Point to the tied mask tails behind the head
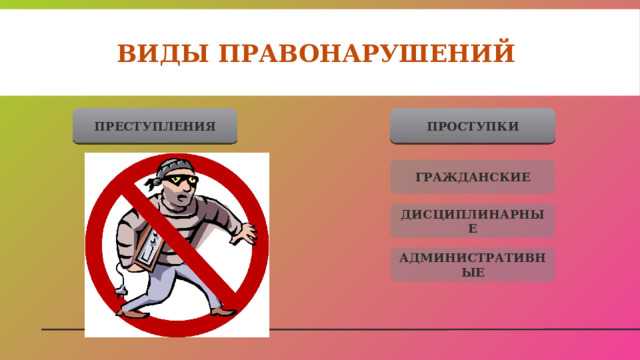point(149,182)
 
